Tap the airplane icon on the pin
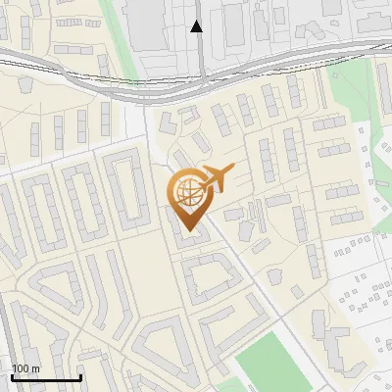(215, 179)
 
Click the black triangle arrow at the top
(197, 26)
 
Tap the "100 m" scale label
(25, 368)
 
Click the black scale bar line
(46, 378)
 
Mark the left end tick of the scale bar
(11, 376)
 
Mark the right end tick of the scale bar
(80, 376)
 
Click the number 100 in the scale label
(21, 368)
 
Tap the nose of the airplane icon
(232, 171)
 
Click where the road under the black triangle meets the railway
(201, 73)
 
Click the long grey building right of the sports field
(333, 347)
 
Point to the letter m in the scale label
(35, 368)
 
